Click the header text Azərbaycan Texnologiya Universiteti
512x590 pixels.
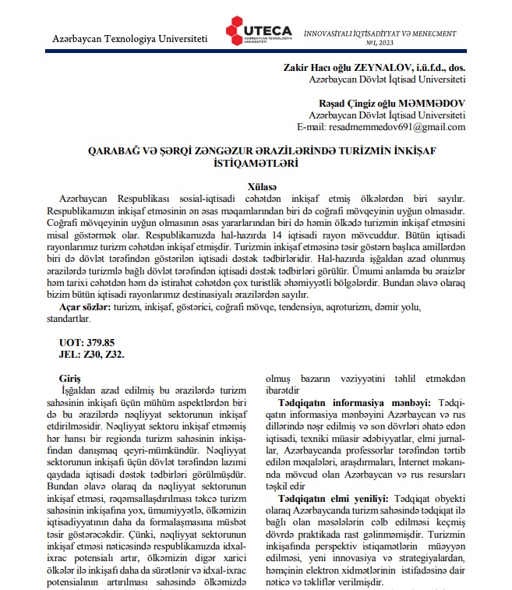(130, 39)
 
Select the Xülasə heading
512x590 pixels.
(256, 188)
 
